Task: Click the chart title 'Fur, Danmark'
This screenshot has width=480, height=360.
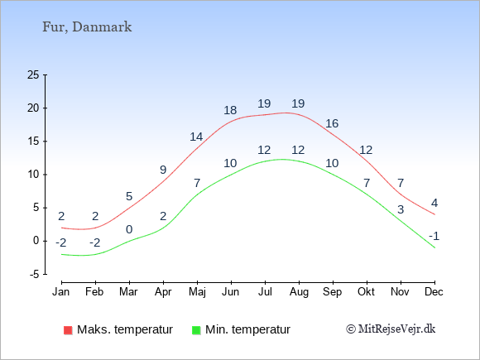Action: click(x=87, y=27)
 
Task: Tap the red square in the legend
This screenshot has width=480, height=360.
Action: click(x=68, y=330)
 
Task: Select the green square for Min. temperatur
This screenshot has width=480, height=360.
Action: click(x=196, y=330)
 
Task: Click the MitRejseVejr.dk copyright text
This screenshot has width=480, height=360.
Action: click(x=391, y=329)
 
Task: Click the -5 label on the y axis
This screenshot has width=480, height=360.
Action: click(x=34, y=274)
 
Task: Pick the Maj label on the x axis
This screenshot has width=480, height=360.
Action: click(x=197, y=292)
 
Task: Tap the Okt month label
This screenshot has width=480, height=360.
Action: click(x=366, y=291)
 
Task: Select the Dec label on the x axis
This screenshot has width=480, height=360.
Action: click(x=434, y=291)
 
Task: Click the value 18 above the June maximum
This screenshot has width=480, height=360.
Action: click(x=230, y=110)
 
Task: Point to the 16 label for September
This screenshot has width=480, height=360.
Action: click(x=332, y=123)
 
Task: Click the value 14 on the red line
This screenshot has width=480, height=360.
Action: click(x=196, y=137)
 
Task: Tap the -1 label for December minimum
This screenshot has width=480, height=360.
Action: click(x=434, y=237)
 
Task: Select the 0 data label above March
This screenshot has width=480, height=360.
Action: click(x=129, y=229)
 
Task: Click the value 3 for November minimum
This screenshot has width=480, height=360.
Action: click(x=401, y=209)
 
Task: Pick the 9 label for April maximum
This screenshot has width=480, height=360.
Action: click(x=163, y=170)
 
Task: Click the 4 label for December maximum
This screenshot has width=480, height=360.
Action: click(x=434, y=203)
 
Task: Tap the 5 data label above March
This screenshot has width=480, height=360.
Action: click(x=129, y=196)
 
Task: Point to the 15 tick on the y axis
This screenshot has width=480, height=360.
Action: click(x=33, y=142)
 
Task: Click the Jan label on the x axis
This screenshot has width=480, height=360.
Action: click(x=61, y=291)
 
